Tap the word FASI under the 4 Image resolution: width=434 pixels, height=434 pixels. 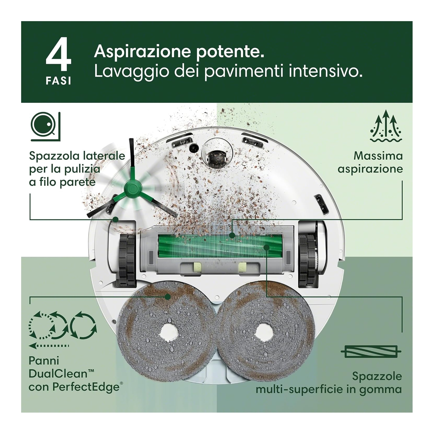click(x=58, y=81)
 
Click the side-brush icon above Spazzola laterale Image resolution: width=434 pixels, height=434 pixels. click(x=46, y=127)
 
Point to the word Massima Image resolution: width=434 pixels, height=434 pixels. click(x=378, y=156)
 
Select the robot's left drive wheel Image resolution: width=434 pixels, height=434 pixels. click(x=127, y=260)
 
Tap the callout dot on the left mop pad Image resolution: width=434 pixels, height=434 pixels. click(x=168, y=297)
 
